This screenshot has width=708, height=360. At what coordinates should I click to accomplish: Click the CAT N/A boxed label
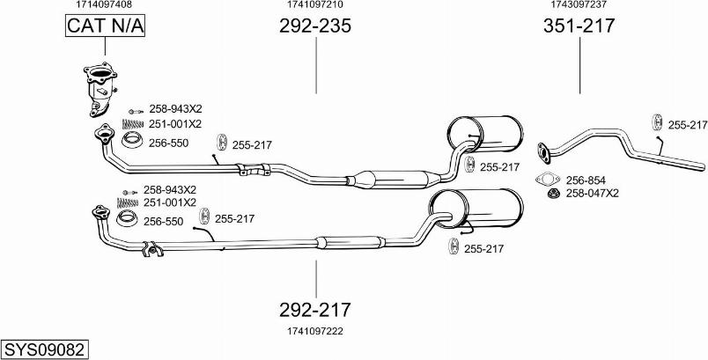pos(105,26)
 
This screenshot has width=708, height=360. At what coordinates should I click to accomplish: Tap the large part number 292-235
pos(315,26)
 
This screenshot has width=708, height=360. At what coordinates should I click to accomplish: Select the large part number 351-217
pos(579,26)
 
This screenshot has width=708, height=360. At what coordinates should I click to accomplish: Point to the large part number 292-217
pos(315,310)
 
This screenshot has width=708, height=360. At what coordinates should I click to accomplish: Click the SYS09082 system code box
pos(44,349)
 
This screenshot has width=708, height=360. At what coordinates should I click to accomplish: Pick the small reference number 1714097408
pos(104,4)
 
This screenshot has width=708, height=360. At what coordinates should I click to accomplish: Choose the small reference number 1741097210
pos(315,4)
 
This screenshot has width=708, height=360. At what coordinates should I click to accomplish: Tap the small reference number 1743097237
pos(579,4)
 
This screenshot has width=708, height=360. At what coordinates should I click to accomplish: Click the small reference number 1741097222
pos(315,332)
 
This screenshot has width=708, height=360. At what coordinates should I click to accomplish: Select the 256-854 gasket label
pos(586,180)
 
